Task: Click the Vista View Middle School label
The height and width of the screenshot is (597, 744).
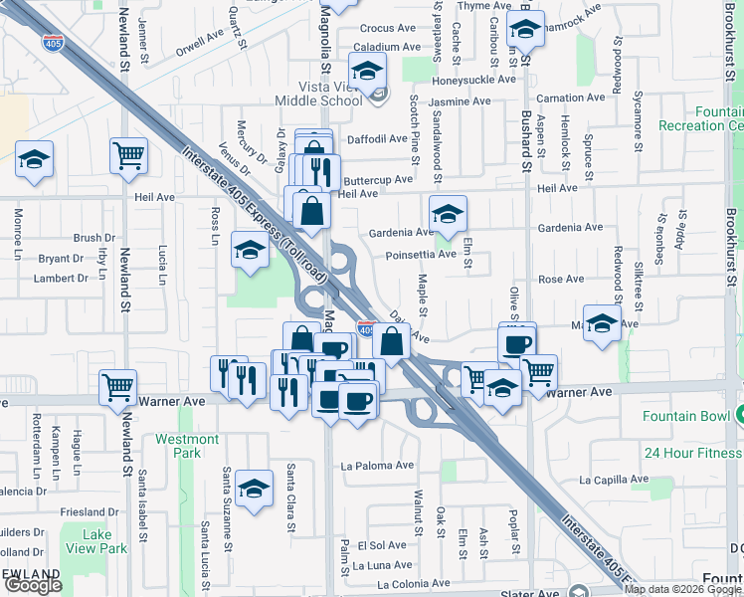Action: (318, 94)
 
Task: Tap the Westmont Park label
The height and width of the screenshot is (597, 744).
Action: (186, 446)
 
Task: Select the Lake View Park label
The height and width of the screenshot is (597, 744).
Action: (103, 541)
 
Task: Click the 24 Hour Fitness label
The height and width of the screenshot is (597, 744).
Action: (692, 453)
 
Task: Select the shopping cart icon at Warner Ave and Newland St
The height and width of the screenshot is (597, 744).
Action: (118, 386)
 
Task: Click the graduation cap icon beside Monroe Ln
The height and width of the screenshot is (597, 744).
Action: (35, 159)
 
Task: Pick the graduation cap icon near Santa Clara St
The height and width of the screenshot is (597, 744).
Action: (255, 489)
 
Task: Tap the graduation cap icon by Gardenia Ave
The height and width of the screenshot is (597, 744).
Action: (448, 214)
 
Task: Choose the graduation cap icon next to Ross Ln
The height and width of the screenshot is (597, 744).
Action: (249, 250)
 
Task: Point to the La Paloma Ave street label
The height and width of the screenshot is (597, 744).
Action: (377, 465)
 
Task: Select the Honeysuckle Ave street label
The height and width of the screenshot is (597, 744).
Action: (474, 80)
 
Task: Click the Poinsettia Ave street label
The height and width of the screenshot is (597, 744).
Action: (421, 254)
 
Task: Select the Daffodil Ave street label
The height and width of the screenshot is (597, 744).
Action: (373, 139)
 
